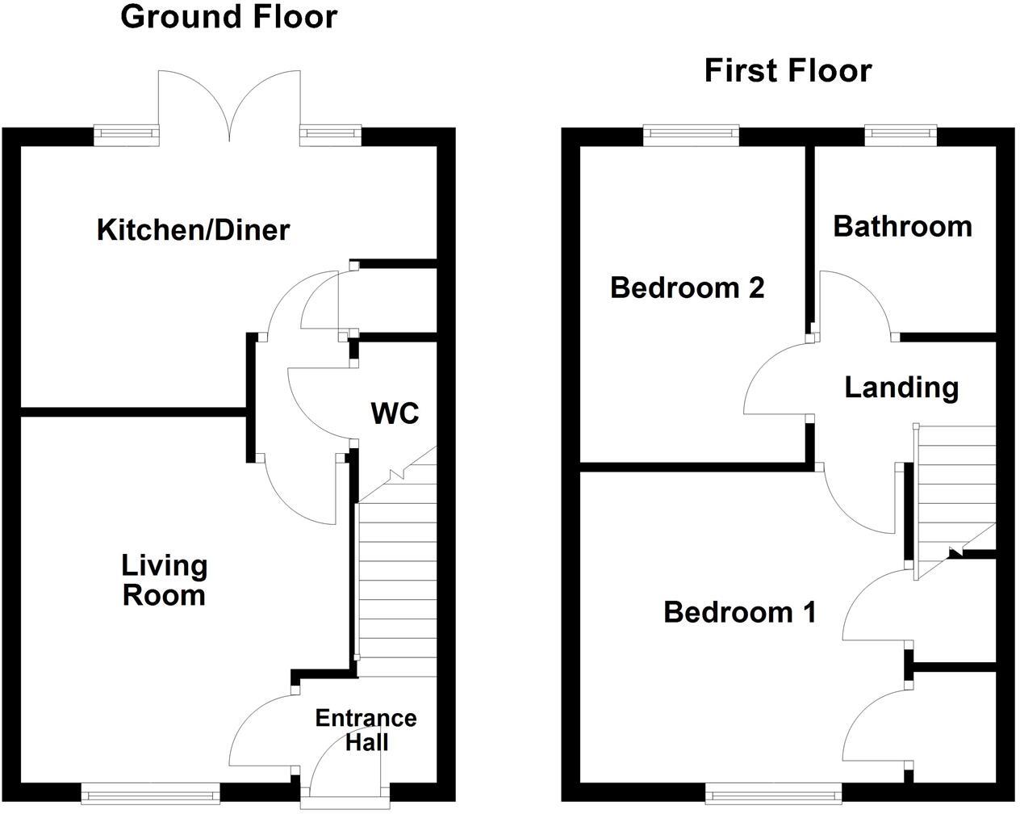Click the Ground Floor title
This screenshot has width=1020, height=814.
click(228, 17)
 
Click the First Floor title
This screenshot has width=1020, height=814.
click(788, 71)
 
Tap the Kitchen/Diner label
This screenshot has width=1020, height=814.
click(193, 230)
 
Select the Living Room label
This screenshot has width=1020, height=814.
click(164, 581)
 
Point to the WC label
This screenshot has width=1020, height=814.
click(395, 413)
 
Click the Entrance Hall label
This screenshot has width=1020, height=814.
click(366, 730)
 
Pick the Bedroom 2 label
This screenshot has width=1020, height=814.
click(687, 287)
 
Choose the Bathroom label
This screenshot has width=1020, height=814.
click(902, 226)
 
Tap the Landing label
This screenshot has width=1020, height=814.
click(901, 388)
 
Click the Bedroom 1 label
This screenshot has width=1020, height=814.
click(739, 612)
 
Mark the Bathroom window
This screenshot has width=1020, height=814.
click(901, 134)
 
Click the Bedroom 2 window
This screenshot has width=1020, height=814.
click(691, 134)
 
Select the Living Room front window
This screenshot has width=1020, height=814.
click(150, 795)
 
